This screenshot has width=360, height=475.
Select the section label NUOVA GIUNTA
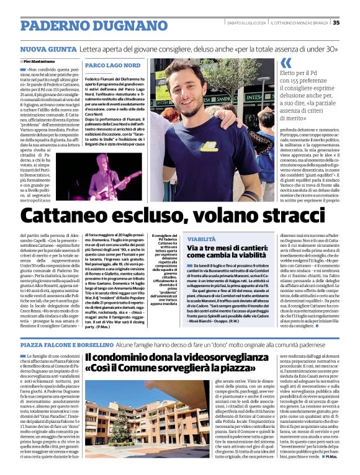(48, 48)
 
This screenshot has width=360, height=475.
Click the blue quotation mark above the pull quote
(286, 63)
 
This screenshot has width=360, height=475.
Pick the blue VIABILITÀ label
(201, 239)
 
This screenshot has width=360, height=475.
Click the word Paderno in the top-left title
(52, 25)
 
